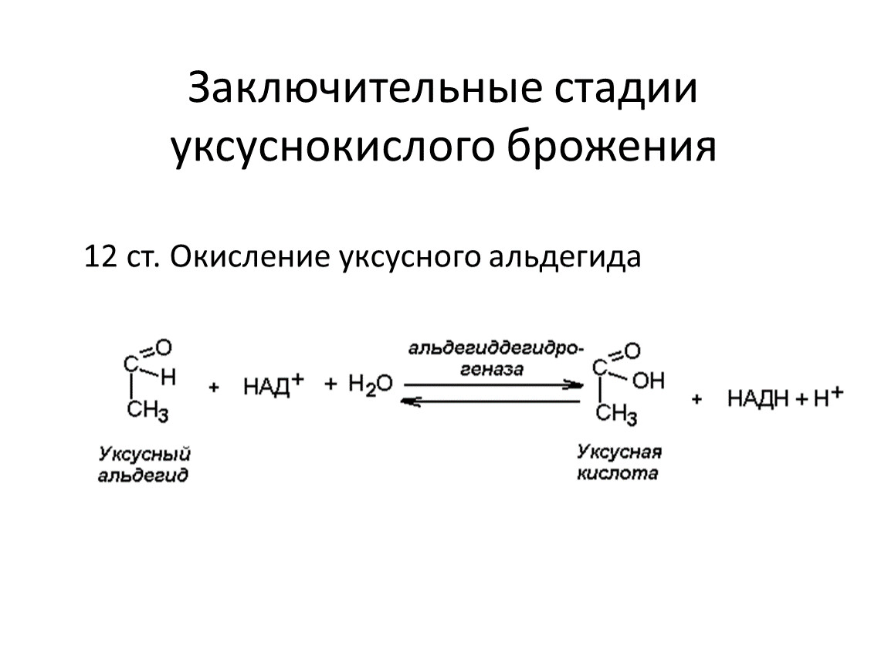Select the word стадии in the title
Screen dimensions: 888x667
point(625,89)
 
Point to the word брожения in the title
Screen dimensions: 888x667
point(612,145)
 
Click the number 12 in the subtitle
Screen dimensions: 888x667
point(100,256)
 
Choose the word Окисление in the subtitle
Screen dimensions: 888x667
point(249,256)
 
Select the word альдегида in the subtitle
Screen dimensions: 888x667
point(564,258)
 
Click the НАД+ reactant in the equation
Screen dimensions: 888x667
point(273,385)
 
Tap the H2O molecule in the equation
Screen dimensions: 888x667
point(371,385)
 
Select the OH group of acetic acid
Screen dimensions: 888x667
point(648,381)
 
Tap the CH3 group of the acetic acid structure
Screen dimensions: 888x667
point(616,414)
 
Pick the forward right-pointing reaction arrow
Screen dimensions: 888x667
point(493,385)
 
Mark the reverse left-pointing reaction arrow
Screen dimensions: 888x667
point(490,401)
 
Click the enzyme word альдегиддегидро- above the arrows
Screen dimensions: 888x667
point(496,349)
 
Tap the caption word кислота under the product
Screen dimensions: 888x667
point(618,473)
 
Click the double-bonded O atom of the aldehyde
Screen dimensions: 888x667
point(164,347)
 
